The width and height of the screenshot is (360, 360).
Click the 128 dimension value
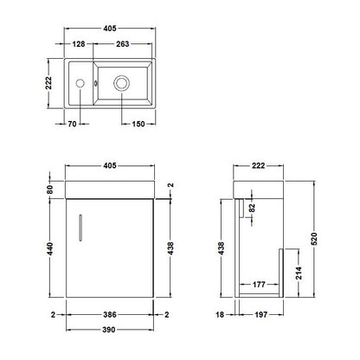(79, 44)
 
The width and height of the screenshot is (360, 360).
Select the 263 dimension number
(123, 44)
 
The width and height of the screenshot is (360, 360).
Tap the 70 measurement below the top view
(72, 124)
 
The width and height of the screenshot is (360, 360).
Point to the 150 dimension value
(138, 124)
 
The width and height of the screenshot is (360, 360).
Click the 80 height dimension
(50, 190)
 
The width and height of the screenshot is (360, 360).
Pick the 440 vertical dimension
(50, 248)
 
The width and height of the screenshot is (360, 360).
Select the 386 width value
(110, 314)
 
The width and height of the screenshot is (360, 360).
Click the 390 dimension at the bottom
(109, 330)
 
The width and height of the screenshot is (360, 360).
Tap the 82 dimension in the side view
(252, 208)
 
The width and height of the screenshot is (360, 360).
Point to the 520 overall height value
(314, 239)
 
